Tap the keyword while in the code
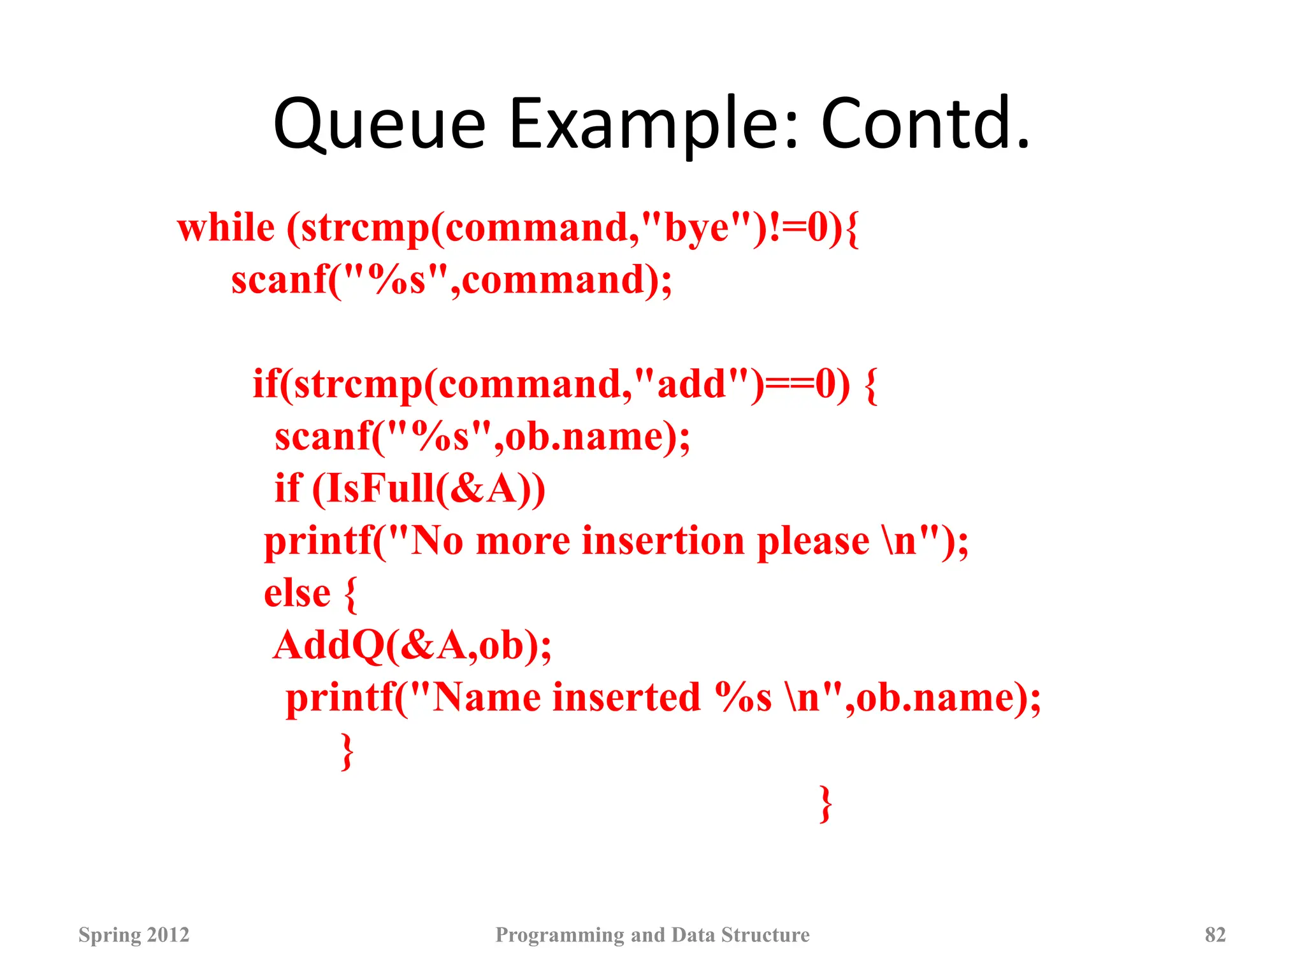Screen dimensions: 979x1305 point(226,228)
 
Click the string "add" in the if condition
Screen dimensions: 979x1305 point(691,385)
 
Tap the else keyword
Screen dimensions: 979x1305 point(297,594)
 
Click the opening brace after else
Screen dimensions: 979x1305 point(350,594)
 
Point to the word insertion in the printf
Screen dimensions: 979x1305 point(663,542)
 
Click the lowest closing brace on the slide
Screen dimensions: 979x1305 point(826,804)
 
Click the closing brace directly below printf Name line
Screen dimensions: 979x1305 point(347,751)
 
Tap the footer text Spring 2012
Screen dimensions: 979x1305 point(134,935)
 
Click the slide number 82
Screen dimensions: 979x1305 point(1215,935)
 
